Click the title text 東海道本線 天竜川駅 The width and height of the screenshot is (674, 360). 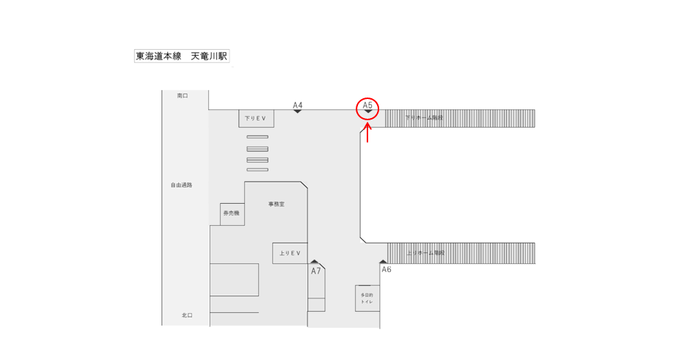click(182, 56)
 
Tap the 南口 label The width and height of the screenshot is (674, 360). click(183, 96)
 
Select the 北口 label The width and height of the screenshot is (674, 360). click(186, 315)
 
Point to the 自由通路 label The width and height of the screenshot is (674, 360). click(181, 185)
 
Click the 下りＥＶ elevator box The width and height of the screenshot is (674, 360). click(256, 119)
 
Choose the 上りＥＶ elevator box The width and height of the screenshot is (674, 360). click(290, 253)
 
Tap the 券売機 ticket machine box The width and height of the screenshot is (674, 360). click(232, 213)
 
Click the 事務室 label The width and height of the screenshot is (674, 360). click(276, 204)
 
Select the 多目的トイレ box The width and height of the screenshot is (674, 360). click(367, 298)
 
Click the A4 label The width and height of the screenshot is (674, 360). click(298, 105)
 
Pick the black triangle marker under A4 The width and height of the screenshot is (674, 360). click(298, 111)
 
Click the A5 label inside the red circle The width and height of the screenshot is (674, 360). click(367, 106)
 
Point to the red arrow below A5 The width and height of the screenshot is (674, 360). click(367, 132)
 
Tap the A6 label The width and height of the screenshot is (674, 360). click(387, 270)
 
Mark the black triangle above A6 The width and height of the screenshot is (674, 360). click(382, 261)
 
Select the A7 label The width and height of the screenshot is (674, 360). click(316, 271)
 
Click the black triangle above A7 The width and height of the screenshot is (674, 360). click(315, 261)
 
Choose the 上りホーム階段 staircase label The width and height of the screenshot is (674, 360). click(425, 253)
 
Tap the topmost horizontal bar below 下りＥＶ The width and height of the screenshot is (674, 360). click(257, 137)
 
